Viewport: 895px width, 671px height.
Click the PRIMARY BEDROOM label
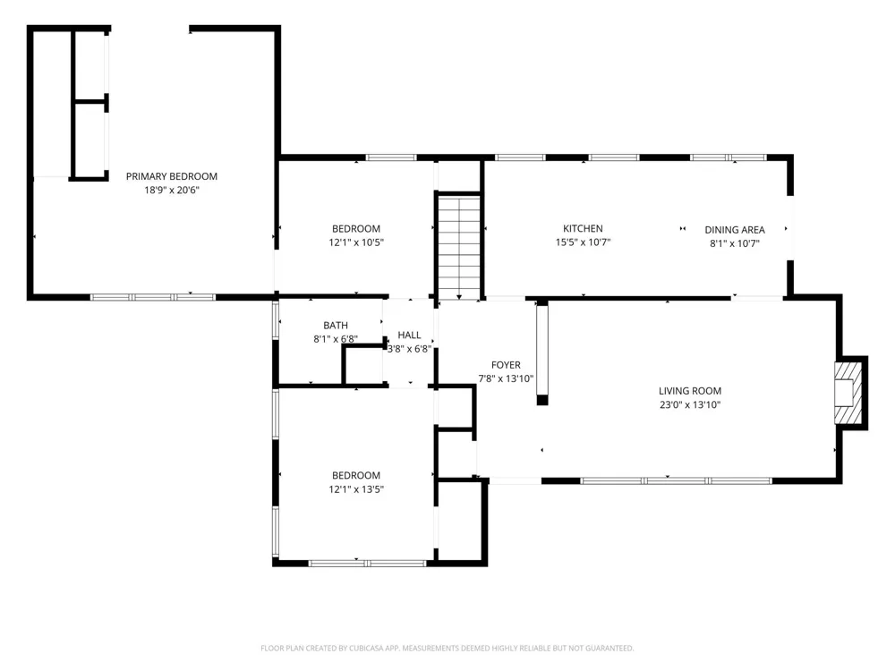[x=171, y=176]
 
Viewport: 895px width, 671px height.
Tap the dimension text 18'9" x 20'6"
[x=171, y=190]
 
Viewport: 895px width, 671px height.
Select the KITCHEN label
[x=583, y=228]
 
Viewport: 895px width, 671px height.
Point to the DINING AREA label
[x=735, y=230]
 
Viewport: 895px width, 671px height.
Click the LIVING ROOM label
[x=690, y=391]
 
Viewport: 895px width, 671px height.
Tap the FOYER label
[x=506, y=365]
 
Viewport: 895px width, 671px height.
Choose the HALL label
[x=409, y=335]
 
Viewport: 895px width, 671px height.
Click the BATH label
[x=336, y=326]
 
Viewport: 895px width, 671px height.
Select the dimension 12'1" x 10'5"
[x=356, y=242]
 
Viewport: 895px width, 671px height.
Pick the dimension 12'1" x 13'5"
[x=356, y=489]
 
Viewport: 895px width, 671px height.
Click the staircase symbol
[x=459, y=246]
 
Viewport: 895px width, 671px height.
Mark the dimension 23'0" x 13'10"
[x=690, y=404]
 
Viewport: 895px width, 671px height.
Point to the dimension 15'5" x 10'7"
[x=583, y=242]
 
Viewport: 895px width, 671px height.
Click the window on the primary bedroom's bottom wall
[x=153, y=297]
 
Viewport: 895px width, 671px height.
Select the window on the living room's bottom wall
[x=676, y=481]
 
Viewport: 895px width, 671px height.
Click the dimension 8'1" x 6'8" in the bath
[x=336, y=339]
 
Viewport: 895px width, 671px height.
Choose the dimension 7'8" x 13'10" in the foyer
[x=506, y=378]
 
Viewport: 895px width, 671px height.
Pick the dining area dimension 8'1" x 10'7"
[x=735, y=243]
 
